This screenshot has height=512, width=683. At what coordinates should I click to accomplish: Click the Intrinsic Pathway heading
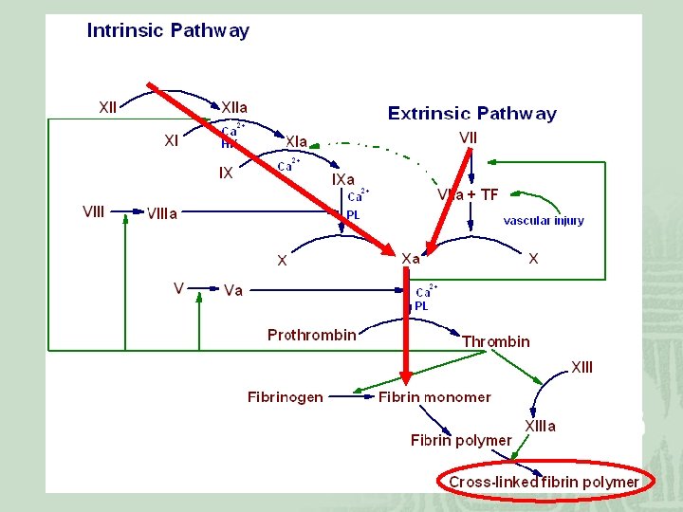pyautogui.click(x=168, y=30)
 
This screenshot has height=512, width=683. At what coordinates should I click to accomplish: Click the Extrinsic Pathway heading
pyautogui.click(x=471, y=114)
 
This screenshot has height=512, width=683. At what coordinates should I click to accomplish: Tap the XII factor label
pyautogui.click(x=108, y=107)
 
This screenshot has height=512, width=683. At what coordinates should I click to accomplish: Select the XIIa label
pyautogui.click(x=236, y=107)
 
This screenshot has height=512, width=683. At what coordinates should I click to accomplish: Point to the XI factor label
pyautogui.click(x=171, y=140)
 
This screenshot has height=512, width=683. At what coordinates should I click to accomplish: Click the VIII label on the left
pyautogui.click(x=94, y=211)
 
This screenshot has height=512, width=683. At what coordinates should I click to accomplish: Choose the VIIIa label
pyautogui.click(x=161, y=214)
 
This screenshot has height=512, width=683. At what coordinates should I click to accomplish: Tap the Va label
pyautogui.click(x=233, y=290)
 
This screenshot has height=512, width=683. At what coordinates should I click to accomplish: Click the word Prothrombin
pyautogui.click(x=311, y=335)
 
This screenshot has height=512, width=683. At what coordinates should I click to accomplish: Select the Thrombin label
pyautogui.click(x=496, y=341)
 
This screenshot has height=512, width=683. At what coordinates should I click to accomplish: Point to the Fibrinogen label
pyautogui.click(x=285, y=396)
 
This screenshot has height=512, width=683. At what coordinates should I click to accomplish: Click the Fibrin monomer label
pyautogui.click(x=434, y=396)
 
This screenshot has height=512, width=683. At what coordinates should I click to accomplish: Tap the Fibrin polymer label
pyautogui.click(x=460, y=440)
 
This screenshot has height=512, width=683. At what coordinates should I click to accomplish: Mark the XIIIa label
pyautogui.click(x=541, y=426)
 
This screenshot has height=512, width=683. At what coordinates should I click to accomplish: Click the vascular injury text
pyautogui.click(x=544, y=221)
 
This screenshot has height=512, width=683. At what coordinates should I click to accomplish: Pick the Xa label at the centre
pyautogui.click(x=412, y=258)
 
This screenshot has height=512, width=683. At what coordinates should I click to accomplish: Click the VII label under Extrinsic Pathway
pyautogui.click(x=468, y=137)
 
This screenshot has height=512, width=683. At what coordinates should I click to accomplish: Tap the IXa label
pyautogui.click(x=343, y=178)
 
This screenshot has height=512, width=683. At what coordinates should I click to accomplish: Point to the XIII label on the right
pyautogui.click(x=581, y=367)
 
